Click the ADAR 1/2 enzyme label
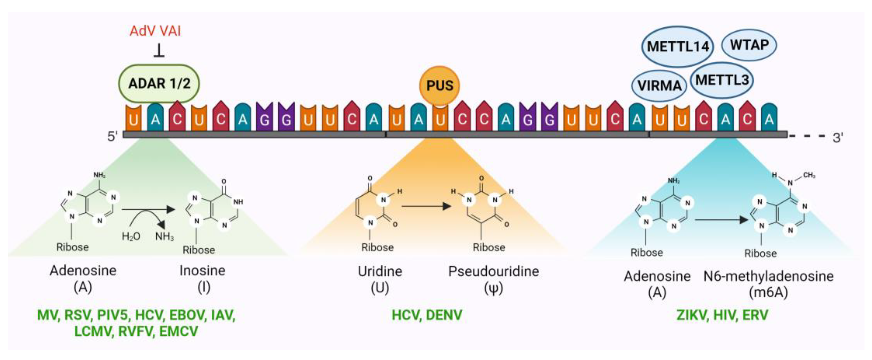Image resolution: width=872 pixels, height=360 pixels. point(159,83)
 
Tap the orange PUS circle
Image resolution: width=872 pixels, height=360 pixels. point(439,85)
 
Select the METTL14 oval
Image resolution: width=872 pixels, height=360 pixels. point(678,47)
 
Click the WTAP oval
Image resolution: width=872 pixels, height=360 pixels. point(749,45)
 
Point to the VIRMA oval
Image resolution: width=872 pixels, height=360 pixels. point(659,86)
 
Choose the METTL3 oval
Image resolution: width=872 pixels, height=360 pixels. point(722,80)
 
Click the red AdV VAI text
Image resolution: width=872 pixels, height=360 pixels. point(155,31)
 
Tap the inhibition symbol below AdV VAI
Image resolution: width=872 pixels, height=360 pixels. point(159,51)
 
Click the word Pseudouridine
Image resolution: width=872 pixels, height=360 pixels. point(494,271)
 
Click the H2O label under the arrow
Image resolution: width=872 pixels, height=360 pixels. point(131,236)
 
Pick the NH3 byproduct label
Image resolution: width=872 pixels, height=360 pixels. point(165,236)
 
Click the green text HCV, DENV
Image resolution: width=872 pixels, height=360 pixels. point(427,315)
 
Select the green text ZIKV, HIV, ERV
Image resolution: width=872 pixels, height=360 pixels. point(722,315)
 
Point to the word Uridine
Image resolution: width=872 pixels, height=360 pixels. point(380,271)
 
